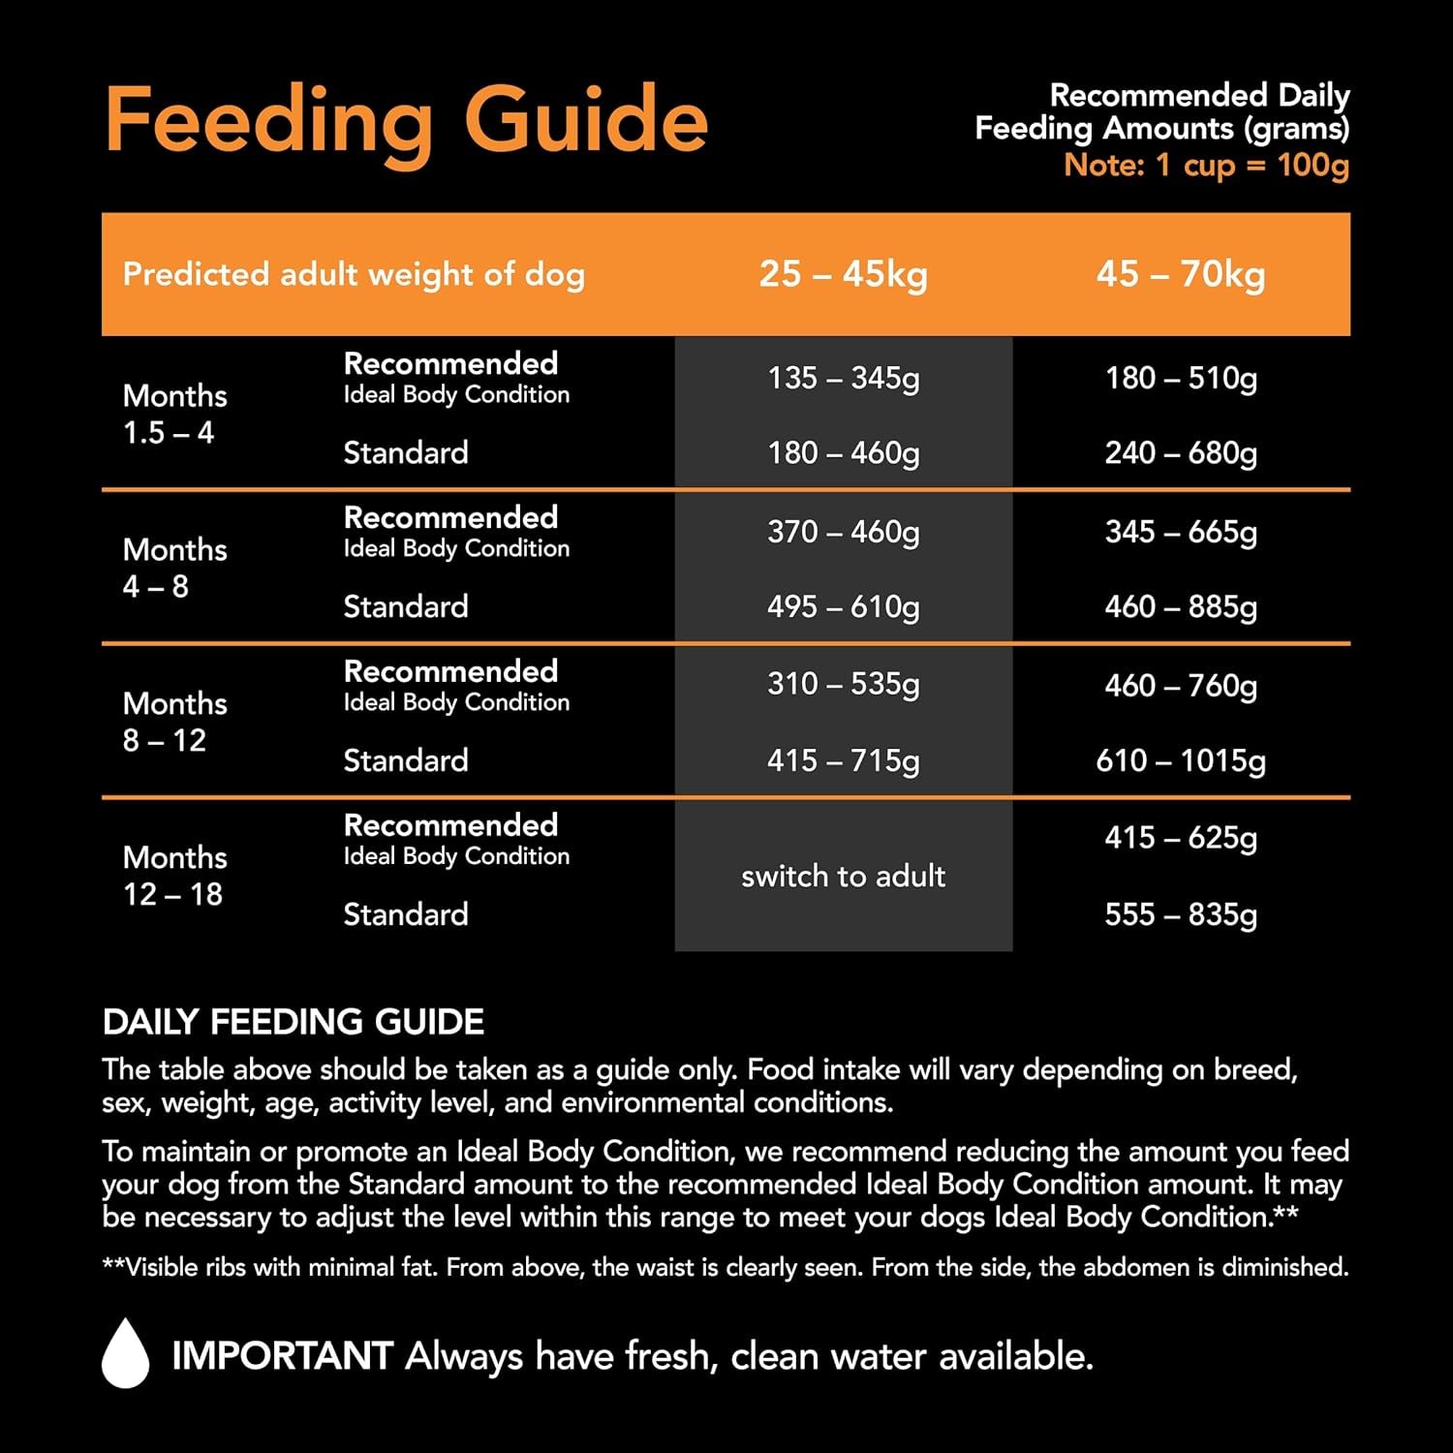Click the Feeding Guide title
[x=406, y=121]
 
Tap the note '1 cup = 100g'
[x=1206, y=165]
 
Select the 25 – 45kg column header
[x=843, y=274]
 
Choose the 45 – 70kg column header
[x=1180, y=274]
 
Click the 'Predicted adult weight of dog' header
[x=354, y=274]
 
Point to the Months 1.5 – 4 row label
[x=174, y=414]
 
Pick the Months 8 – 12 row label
[x=174, y=722]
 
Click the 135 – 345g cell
[x=843, y=378]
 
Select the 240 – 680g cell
[x=1180, y=452]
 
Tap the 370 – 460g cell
[x=843, y=532]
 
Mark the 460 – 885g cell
[x=1180, y=606]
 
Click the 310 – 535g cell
[x=843, y=684]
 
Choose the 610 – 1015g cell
[x=1180, y=760]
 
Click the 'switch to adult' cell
[x=843, y=876]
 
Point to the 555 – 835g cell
[x=1180, y=913]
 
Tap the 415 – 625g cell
[x=1180, y=838]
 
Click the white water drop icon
[x=126, y=1354]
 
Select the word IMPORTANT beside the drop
[x=282, y=1356]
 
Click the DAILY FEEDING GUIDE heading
[x=294, y=1022]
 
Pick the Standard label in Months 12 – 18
[x=406, y=913]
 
